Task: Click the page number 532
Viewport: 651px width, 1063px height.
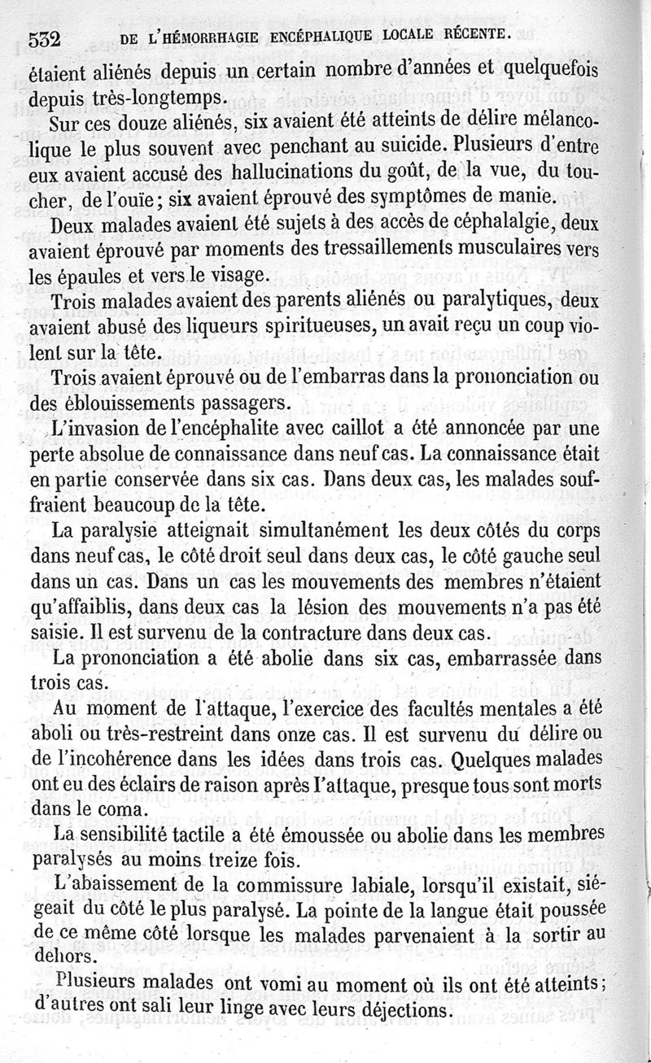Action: [x=46, y=38]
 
